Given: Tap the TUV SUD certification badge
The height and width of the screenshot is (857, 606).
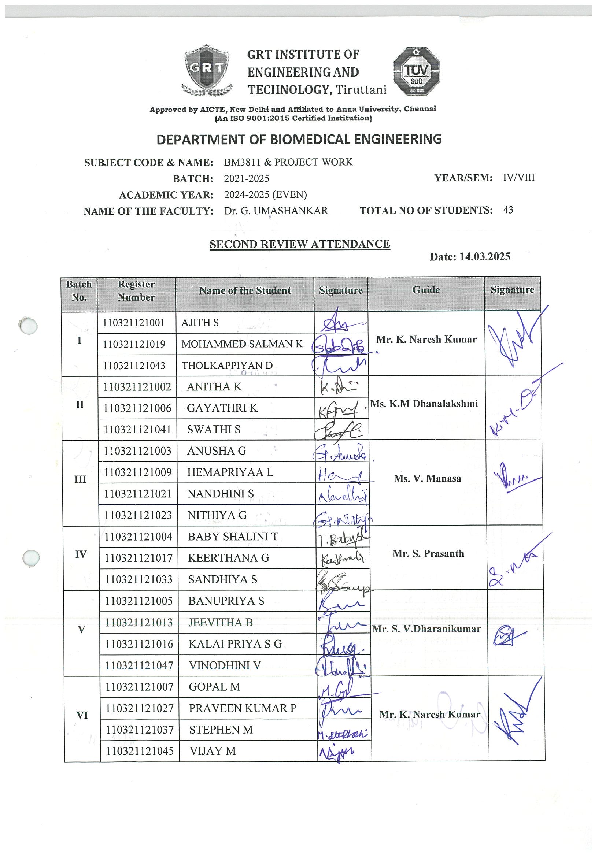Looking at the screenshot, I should pyautogui.click(x=416, y=71).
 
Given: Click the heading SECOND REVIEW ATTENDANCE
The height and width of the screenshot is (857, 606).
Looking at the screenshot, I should pyautogui.click(x=300, y=244).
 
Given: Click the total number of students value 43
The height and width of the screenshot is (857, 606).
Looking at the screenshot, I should pyautogui.click(x=508, y=210).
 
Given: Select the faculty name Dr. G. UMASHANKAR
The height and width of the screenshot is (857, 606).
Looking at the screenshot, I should pyautogui.click(x=276, y=211).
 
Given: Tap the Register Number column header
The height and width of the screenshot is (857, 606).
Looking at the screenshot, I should pyautogui.click(x=136, y=291).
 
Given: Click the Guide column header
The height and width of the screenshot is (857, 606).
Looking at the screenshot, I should pyautogui.click(x=426, y=290).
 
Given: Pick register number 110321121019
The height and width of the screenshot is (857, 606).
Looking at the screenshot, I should pyautogui.click(x=134, y=344).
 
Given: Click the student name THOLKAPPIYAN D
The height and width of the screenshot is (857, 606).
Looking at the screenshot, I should pyautogui.click(x=227, y=366).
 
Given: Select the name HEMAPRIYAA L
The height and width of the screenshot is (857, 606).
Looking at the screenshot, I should pyautogui.click(x=230, y=472).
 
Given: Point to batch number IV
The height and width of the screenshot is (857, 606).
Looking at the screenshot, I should pyautogui.click(x=81, y=554).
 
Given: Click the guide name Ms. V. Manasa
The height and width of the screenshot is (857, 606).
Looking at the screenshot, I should pyautogui.click(x=427, y=479).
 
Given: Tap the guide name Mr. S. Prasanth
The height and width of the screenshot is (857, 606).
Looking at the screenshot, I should pyautogui.click(x=428, y=553).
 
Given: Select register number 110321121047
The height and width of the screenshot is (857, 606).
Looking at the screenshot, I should pyautogui.click(x=139, y=665).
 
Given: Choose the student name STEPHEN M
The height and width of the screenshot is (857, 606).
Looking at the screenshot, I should pyautogui.click(x=221, y=730).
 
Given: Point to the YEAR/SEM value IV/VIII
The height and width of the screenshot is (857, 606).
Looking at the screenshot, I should pyautogui.click(x=519, y=177).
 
